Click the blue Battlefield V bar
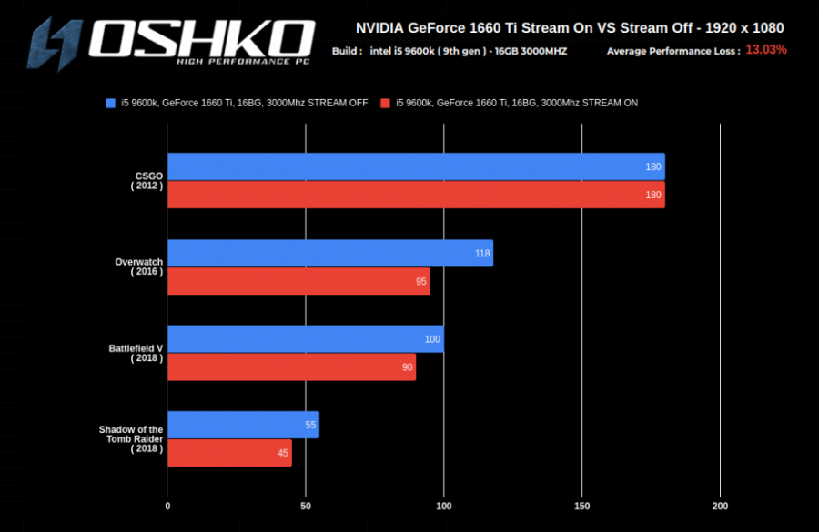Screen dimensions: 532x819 (305, 339)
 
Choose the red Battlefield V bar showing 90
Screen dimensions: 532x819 (291, 366)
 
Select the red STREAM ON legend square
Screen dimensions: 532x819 (386, 103)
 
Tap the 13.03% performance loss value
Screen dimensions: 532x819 (766, 50)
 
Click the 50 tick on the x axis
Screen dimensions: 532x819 (306, 506)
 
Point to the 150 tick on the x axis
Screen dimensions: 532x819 (582, 506)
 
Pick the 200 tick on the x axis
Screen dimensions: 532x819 (720, 506)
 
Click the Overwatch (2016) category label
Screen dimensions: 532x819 (139, 267)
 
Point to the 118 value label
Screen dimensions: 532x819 (482, 254)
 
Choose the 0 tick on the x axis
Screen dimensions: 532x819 (167, 506)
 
